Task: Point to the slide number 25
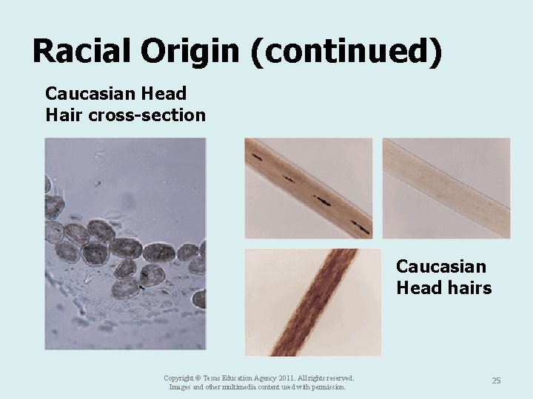pos(496,381)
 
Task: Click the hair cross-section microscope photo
pos(125,244)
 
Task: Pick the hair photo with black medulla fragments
pos(309,188)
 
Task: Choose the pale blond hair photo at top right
pos(446,188)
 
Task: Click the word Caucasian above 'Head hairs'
pos(441,266)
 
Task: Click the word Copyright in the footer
pos(179,378)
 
